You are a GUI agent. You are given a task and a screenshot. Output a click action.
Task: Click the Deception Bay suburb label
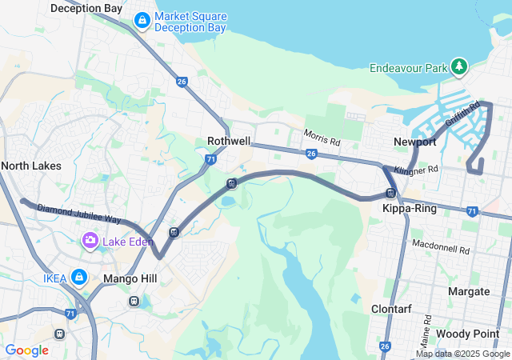coord(86,8)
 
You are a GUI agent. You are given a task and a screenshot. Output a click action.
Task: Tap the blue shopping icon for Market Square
coord(142,19)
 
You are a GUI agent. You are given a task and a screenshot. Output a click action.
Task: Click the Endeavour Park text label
coord(408,69)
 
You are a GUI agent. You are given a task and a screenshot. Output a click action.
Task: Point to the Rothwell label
coord(229,141)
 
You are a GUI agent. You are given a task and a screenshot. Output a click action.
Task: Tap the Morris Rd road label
coord(322,138)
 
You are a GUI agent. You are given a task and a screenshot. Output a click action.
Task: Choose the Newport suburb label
coord(415,142)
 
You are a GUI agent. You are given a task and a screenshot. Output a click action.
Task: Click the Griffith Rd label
coord(462,117)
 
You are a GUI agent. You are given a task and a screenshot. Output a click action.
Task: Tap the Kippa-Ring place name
coord(408,208)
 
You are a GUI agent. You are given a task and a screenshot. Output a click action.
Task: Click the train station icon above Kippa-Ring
coord(390,192)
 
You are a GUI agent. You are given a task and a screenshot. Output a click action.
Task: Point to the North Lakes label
coord(30,166)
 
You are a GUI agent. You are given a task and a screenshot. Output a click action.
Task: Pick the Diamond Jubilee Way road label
coord(78,214)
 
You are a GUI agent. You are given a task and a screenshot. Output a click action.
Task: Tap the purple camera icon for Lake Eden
coord(90,239)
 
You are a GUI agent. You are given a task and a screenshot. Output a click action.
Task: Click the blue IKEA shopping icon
coord(78,277)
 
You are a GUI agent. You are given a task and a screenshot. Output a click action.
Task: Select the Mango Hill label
coord(130,279)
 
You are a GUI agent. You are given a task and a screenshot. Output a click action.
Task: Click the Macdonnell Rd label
coord(440,246)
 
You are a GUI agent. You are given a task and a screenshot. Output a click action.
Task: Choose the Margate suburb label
coord(469,291)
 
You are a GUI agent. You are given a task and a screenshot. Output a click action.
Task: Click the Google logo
coord(26,350)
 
